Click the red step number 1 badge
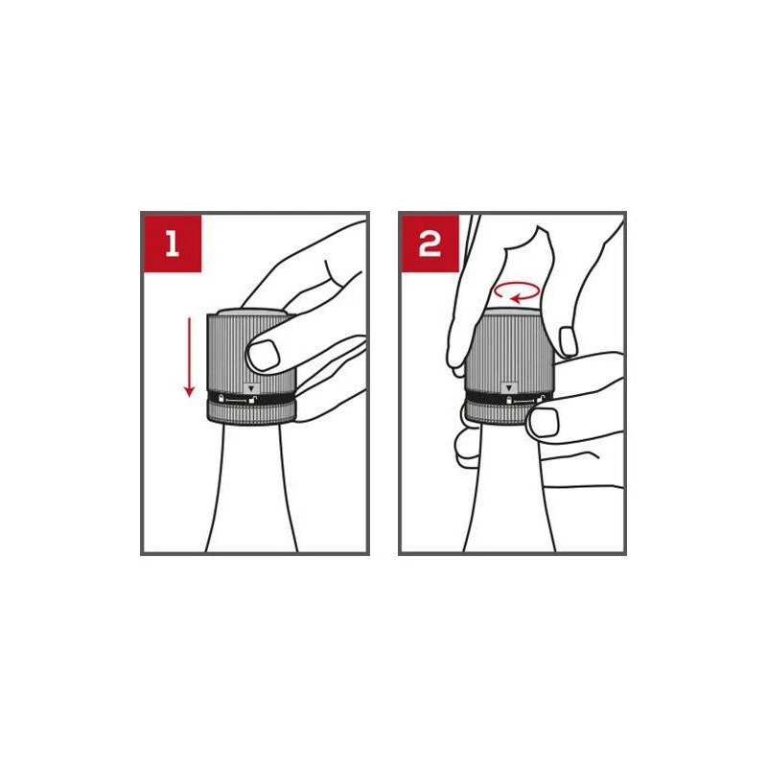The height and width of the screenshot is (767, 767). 172,244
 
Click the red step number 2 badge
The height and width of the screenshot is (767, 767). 430,244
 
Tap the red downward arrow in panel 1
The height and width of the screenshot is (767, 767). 189,357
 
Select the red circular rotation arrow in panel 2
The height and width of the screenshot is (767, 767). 517,291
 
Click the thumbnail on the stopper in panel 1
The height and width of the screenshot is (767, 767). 263,355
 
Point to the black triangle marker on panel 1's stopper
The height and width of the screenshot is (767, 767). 251,388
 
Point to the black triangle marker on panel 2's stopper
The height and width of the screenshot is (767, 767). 509,388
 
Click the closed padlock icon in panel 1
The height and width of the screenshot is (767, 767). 221,398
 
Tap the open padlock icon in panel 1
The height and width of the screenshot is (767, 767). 253,399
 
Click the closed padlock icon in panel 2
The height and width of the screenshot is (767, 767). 509,400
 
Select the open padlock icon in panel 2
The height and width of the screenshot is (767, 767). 541,399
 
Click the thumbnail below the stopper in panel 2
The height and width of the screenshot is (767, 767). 544,423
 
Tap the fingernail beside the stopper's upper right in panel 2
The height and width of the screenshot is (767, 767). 568,341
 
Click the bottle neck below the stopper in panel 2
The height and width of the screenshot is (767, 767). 509,489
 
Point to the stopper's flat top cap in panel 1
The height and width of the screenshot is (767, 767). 251,313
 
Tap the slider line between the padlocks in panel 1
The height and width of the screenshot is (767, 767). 237,400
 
